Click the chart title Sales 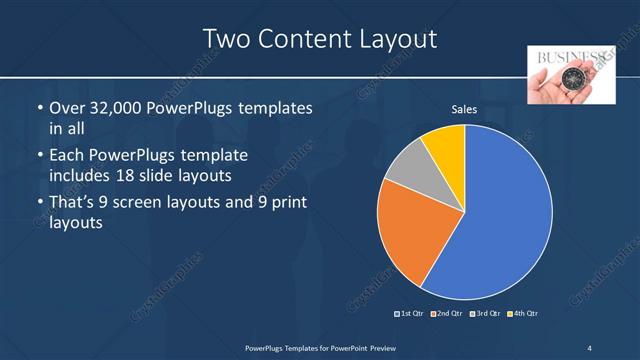pos(464,109)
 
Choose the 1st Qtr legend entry pos(411,314)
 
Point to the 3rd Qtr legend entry pos(485,314)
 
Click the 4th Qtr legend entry pos(523,314)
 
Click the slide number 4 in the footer pos(590,347)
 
